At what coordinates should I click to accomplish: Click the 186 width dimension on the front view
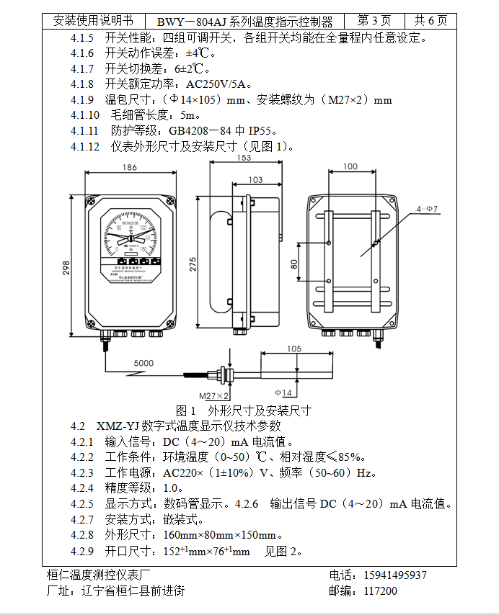click(x=129, y=167)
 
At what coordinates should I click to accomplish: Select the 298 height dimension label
click(x=66, y=268)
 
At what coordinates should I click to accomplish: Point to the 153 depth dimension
click(x=244, y=158)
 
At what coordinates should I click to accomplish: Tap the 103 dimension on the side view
click(x=255, y=179)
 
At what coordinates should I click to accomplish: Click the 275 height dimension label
click(x=193, y=264)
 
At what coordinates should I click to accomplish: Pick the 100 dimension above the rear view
click(x=350, y=166)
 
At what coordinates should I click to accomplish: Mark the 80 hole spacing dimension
click(x=294, y=264)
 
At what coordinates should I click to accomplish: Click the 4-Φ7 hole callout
click(x=427, y=209)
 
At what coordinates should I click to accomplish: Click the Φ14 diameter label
click(x=283, y=393)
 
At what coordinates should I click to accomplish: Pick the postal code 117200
click(x=381, y=591)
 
